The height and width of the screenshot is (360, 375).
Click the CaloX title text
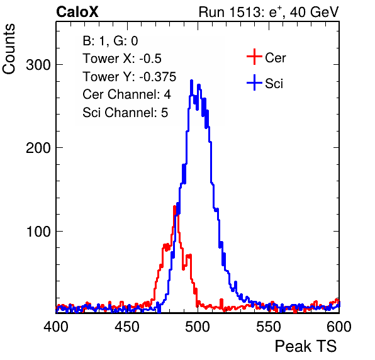[x=77, y=12]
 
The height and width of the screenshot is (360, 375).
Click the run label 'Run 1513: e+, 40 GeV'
[x=269, y=12]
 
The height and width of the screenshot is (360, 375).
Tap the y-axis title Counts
[x=9, y=49]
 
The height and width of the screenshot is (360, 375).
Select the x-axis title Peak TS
[x=305, y=346]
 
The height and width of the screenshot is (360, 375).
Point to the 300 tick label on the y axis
[x=38, y=65]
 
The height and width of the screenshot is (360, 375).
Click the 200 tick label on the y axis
[x=38, y=148]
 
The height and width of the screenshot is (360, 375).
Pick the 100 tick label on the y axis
[x=38, y=232]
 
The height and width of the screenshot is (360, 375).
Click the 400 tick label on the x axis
[x=56, y=327]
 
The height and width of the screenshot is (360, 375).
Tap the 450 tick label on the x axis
[x=126, y=327]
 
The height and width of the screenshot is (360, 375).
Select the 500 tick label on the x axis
[x=198, y=327]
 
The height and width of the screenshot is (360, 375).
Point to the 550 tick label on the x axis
[x=268, y=327]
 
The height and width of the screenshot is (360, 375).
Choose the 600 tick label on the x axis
[x=339, y=327]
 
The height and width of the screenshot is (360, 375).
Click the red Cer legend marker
[x=254, y=57]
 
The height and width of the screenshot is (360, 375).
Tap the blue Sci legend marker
[x=254, y=83]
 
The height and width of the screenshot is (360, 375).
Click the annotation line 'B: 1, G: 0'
[x=110, y=41]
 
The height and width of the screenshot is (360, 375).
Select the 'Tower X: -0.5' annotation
[x=122, y=59]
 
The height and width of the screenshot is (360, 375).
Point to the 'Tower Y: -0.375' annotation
[x=130, y=77]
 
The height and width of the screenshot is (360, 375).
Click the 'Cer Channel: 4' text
[x=126, y=94]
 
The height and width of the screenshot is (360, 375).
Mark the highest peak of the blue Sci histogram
[x=191, y=81]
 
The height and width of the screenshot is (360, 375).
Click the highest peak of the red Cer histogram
[x=174, y=206]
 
